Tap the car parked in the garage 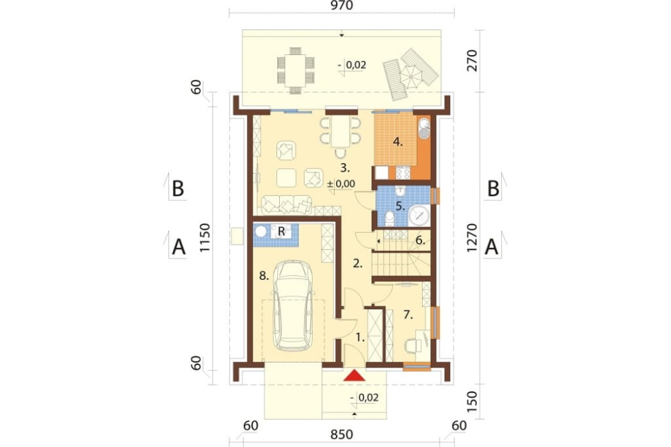(x=294, y=307)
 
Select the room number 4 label (x=398, y=142)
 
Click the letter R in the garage (x=281, y=231)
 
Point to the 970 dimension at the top (x=342, y=5)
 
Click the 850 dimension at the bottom (x=342, y=435)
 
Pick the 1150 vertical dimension (x=205, y=238)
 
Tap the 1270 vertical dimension (x=472, y=238)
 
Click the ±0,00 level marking (x=341, y=184)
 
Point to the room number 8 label (x=264, y=276)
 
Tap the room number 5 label (x=400, y=206)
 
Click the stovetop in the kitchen (x=403, y=172)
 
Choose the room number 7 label (x=408, y=315)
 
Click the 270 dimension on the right (x=472, y=60)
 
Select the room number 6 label (x=420, y=240)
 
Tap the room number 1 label (x=360, y=338)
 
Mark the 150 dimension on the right (x=472, y=401)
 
